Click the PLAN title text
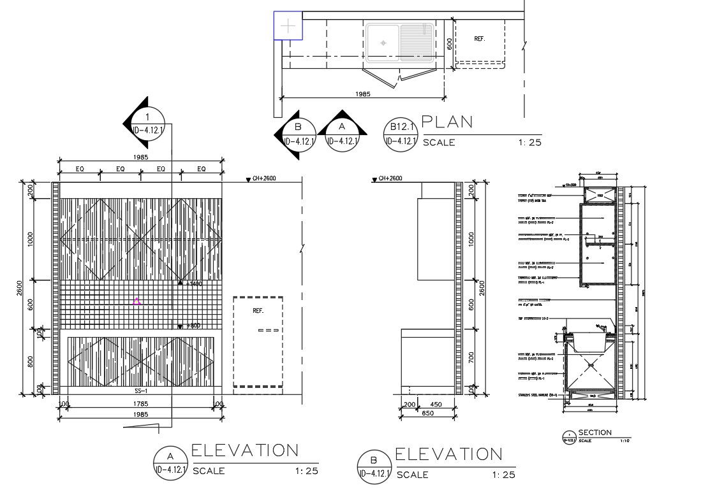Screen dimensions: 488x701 click(448, 122)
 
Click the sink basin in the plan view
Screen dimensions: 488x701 click(383, 43)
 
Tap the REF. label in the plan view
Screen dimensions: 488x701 click(480, 39)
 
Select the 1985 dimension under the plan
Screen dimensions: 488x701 click(363, 94)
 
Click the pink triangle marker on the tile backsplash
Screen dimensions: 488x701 click(137, 301)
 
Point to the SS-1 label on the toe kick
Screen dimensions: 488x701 click(141, 391)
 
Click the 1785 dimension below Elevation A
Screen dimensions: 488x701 click(141, 403)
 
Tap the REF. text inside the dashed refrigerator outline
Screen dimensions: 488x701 click(258, 311)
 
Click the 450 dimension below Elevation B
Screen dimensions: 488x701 click(436, 404)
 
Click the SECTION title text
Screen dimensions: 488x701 click(594, 433)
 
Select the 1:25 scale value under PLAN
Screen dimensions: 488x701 click(530, 143)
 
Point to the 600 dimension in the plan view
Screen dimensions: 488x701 click(450, 43)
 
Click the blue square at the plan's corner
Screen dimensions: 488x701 click(288, 26)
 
